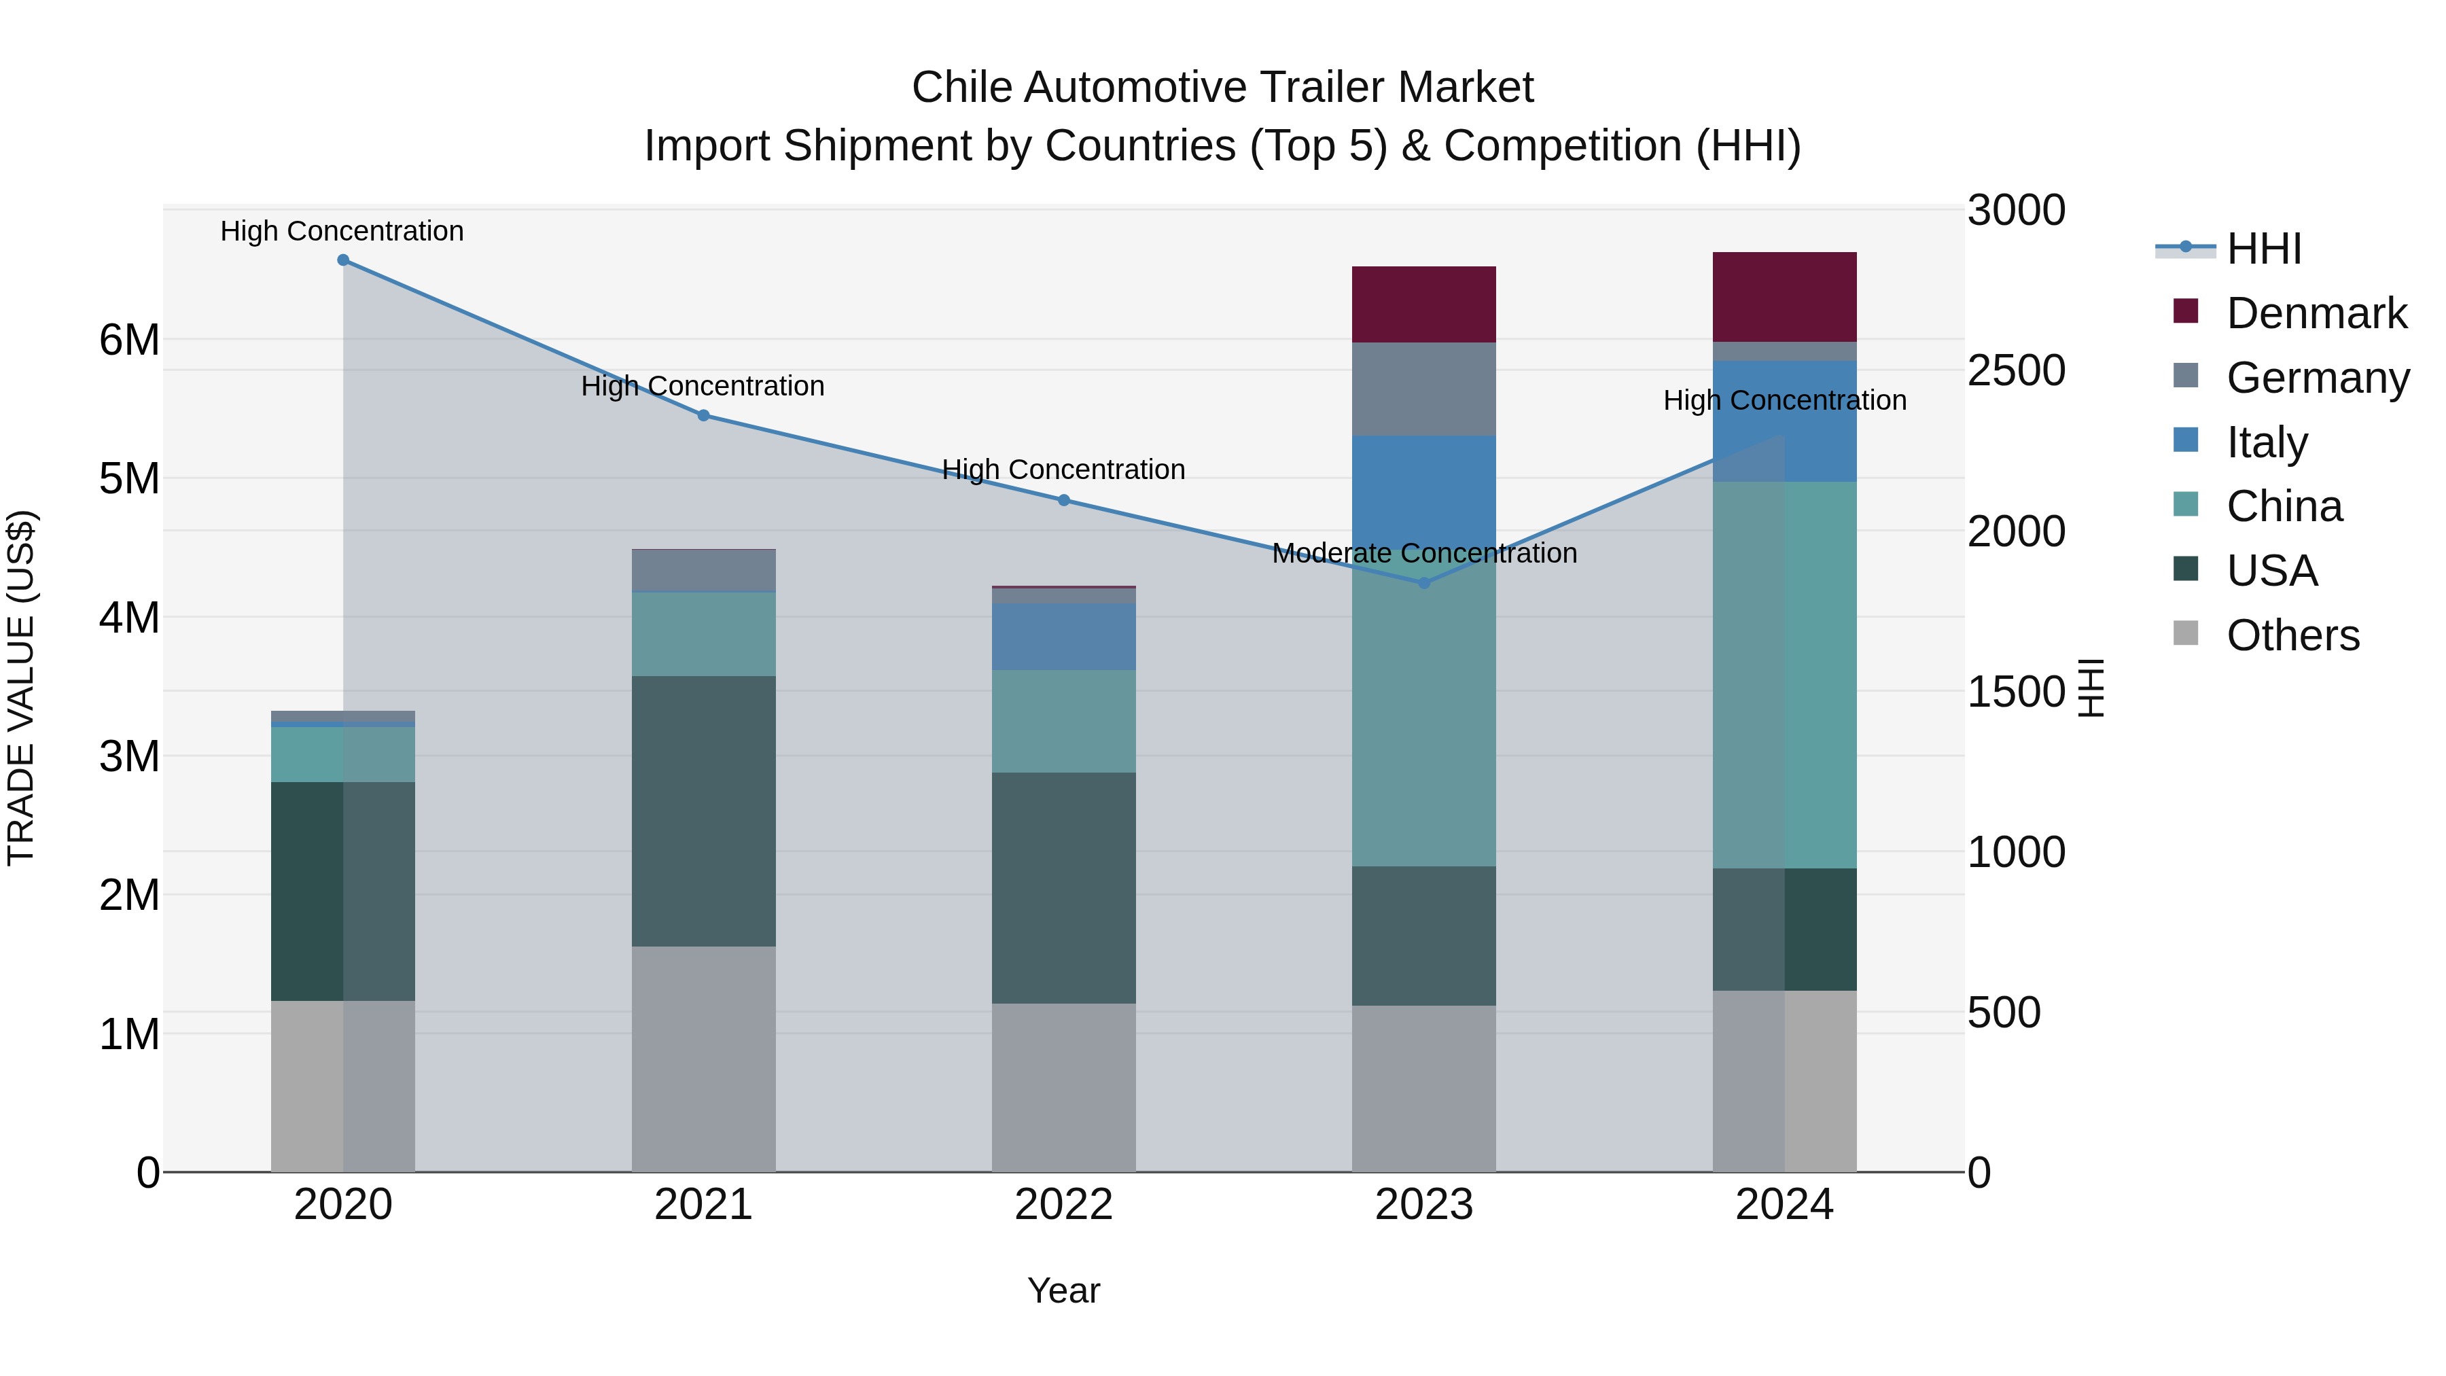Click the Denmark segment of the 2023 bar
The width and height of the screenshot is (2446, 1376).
1423,304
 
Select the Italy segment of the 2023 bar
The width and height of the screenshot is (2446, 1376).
1423,494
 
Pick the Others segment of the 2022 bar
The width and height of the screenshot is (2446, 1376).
1063,1087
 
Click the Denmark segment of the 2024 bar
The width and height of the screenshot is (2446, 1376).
1784,296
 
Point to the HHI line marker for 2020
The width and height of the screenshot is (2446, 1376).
344,260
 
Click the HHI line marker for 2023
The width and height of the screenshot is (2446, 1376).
1423,583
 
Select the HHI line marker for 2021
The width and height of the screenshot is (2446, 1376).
704,415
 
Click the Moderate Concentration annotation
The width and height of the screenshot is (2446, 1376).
1423,552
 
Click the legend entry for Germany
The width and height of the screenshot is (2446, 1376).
2317,377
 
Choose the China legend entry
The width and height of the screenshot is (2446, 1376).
2284,506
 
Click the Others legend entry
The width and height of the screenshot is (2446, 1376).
2292,635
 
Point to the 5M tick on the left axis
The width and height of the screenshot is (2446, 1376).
129,478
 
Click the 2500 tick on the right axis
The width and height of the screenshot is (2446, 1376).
2015,370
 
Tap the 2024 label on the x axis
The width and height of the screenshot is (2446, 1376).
1784,1205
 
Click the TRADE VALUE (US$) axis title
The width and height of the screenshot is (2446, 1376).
21,688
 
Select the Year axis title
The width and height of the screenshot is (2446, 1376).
1063,1290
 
